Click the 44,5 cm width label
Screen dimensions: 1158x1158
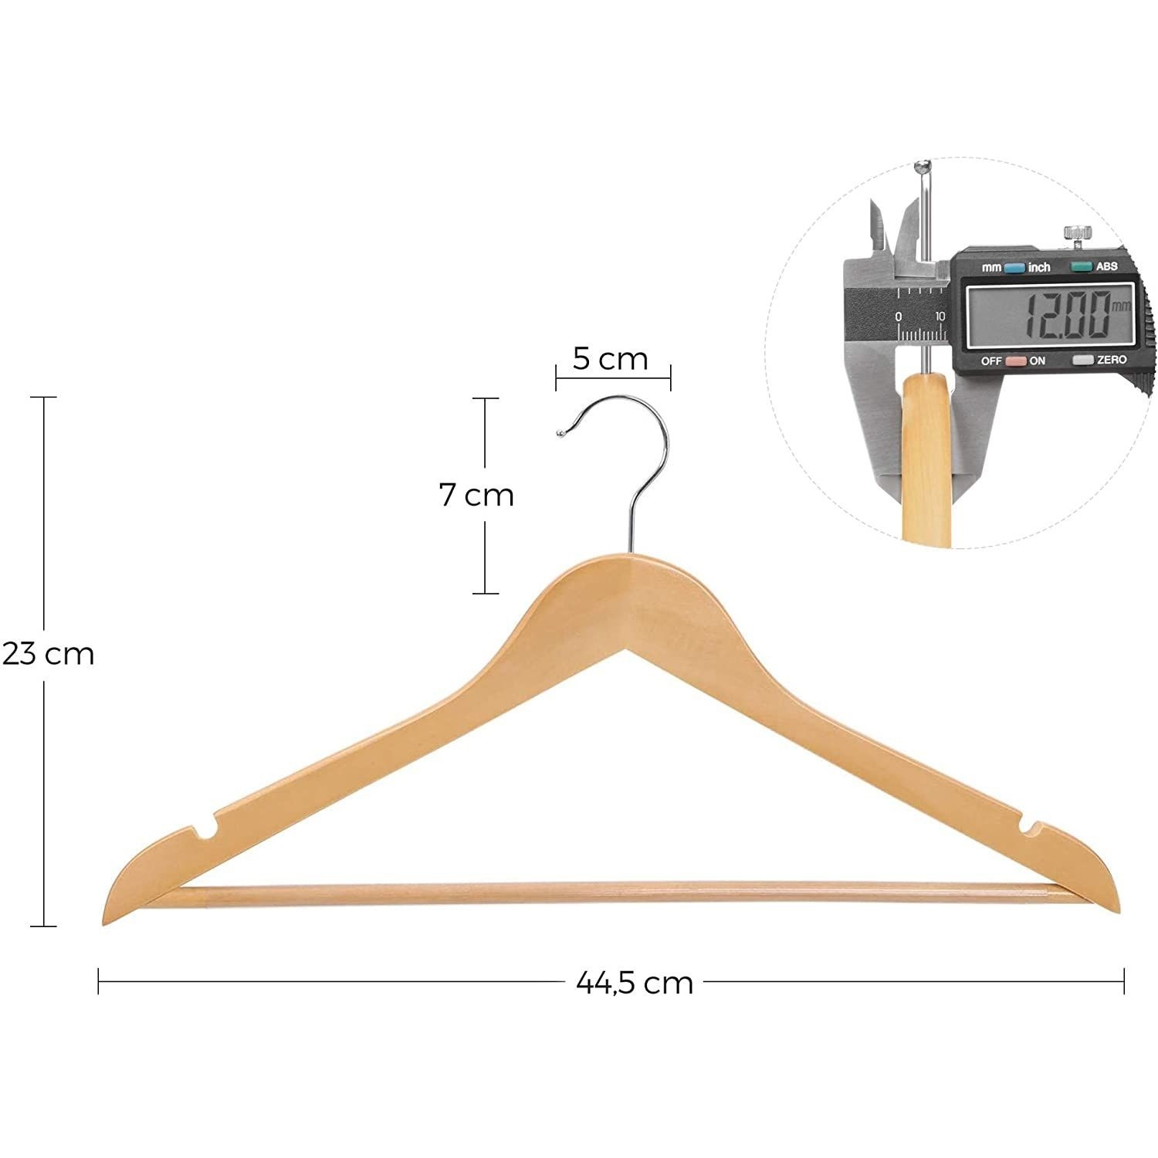coord(635,983)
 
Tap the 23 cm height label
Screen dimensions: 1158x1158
coord(48,654)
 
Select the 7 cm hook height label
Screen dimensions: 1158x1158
coord(476,495)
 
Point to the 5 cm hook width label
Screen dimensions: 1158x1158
coord(610,359)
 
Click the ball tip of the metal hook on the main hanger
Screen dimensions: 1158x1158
coord(561,434)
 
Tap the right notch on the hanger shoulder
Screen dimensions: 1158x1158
coord(1030,828)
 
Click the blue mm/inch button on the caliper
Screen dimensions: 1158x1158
coord(1014,268)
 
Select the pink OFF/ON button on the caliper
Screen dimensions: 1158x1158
coord(1015,361)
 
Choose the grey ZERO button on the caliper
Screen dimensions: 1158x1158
coord(1083,360)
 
